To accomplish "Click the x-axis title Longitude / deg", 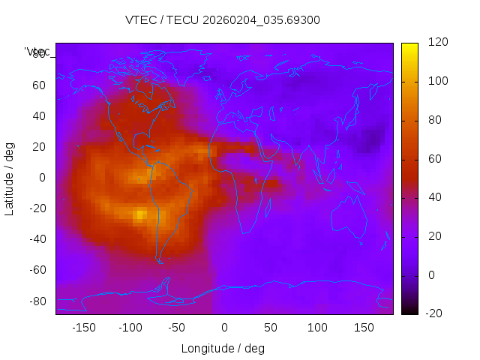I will [x=223, y=349].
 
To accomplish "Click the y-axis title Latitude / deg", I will [x=10, y=178].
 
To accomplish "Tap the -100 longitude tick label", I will [x=130, y=328].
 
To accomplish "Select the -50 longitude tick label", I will [x=177, y=328].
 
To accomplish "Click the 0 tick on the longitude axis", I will [x=224, y=328].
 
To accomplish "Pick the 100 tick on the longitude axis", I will [x=318, y=328].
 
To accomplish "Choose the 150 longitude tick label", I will [x=364, y=328].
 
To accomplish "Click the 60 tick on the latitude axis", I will [x=39, y=85].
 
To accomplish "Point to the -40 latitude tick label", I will [x=36, y=239].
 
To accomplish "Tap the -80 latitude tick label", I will [x=36, y=301].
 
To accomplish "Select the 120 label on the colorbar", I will [x=437, y=43].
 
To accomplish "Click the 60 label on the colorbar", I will [x=434, y=159].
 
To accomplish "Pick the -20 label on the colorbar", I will [x=434, y=313].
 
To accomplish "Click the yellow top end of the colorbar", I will [x=409, y=46].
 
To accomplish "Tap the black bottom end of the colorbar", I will [x=409, y=311].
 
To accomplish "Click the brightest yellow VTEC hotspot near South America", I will [x=140, y=215].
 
